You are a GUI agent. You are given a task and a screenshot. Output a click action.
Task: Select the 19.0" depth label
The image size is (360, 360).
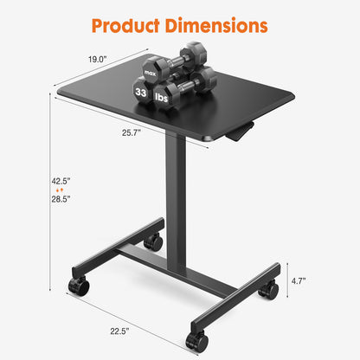[x=98, y=60]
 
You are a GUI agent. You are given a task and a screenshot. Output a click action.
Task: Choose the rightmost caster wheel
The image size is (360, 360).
[x=269, y=290]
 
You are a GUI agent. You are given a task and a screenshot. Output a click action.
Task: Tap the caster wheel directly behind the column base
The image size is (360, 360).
[x=154, y=241]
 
